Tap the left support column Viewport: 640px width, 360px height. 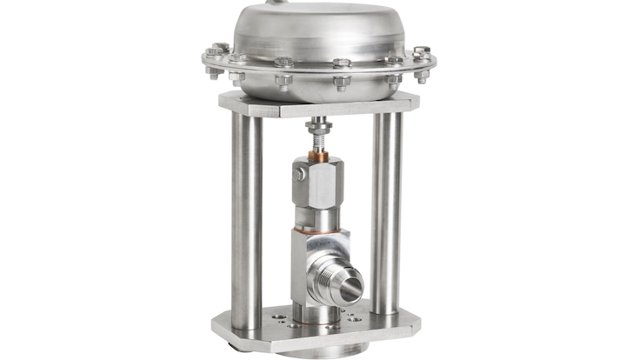point(247,209)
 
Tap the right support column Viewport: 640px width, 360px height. point(387,209)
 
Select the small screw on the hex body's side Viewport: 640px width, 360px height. point(299,174)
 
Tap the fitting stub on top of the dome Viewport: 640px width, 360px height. point(277,4)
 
